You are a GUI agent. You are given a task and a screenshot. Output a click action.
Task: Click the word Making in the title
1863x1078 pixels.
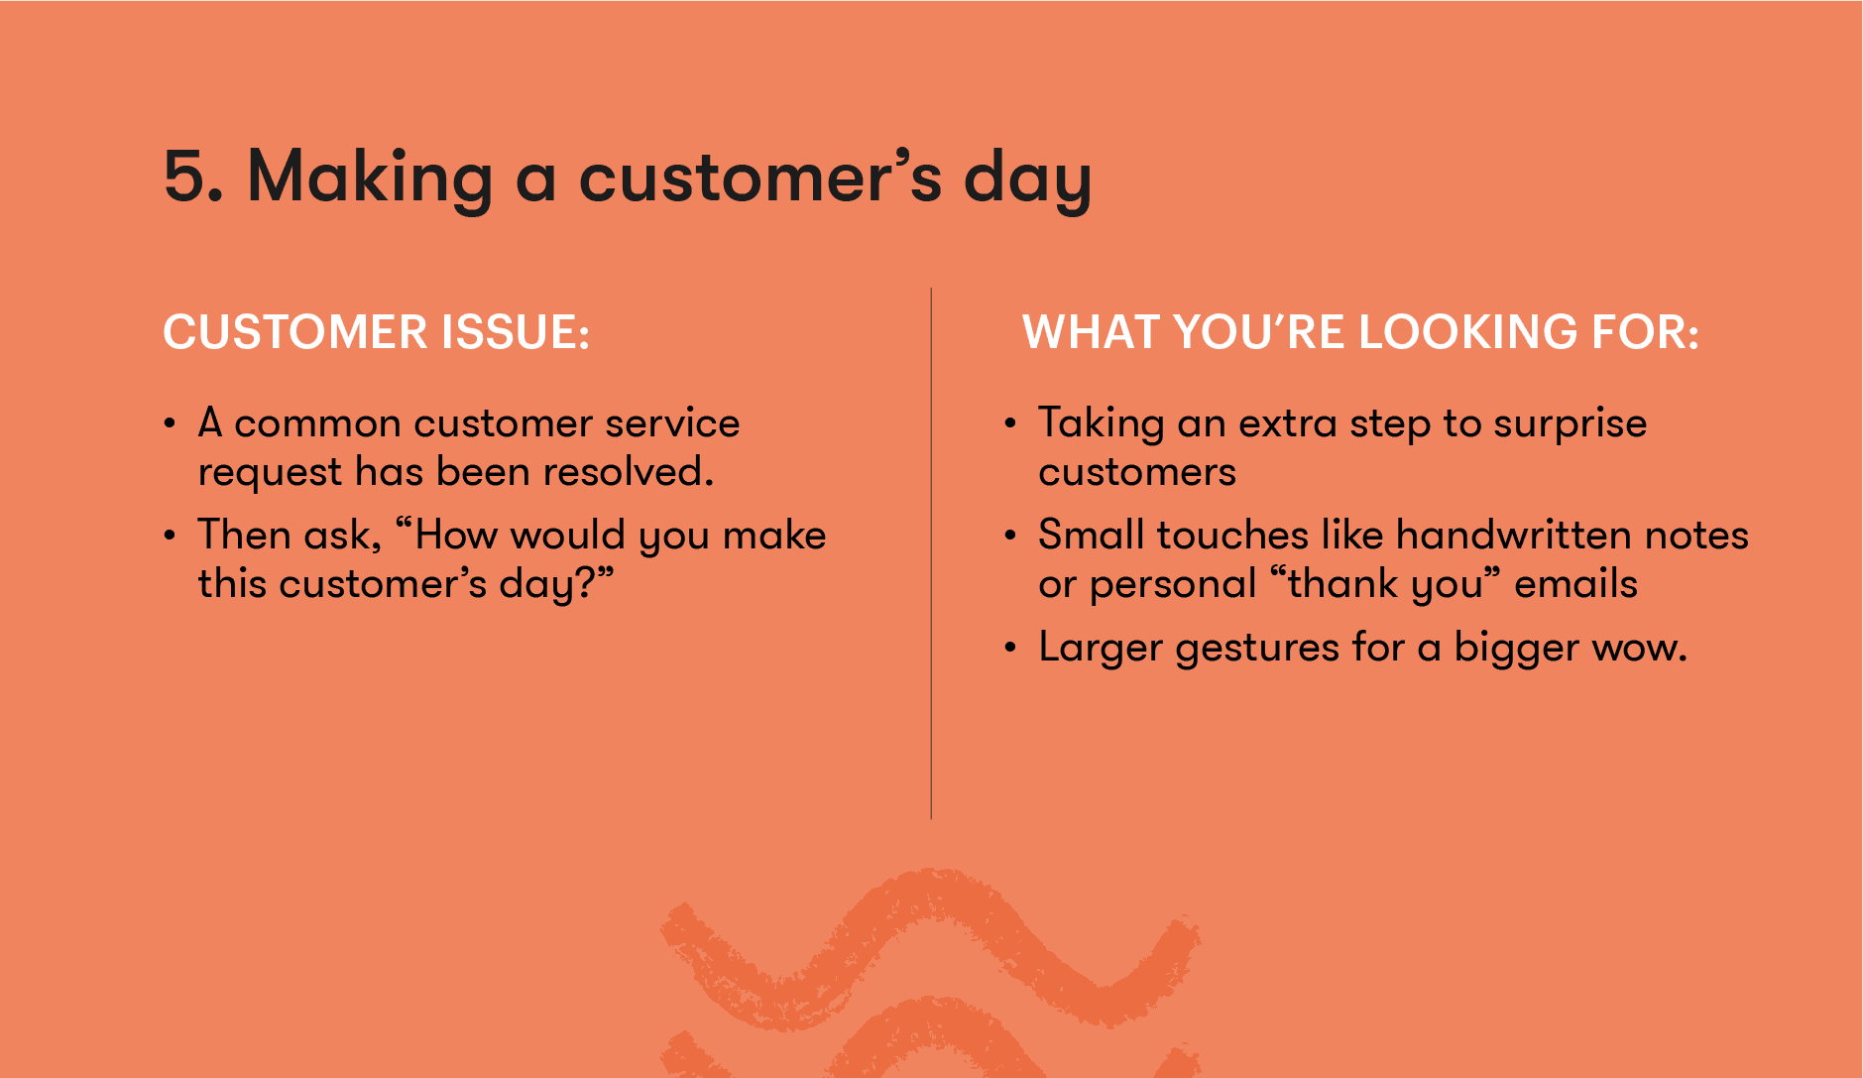tap(370, 178)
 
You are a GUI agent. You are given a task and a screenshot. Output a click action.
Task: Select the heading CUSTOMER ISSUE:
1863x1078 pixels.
tap(376, 332)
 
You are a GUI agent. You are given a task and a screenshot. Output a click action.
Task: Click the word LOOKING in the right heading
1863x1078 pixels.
tap(1467, 332)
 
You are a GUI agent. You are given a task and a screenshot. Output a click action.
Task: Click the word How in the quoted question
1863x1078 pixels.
tap(455, 536)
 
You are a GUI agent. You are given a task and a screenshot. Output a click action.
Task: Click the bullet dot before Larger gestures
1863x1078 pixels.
tap(1010, 649)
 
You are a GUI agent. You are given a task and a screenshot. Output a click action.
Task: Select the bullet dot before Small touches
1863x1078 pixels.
tap(1010, 537)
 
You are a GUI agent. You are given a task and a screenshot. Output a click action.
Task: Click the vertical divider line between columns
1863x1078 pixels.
tap(931, 555)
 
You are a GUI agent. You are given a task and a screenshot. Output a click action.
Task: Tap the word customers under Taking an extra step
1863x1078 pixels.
tap(1136, 473)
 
